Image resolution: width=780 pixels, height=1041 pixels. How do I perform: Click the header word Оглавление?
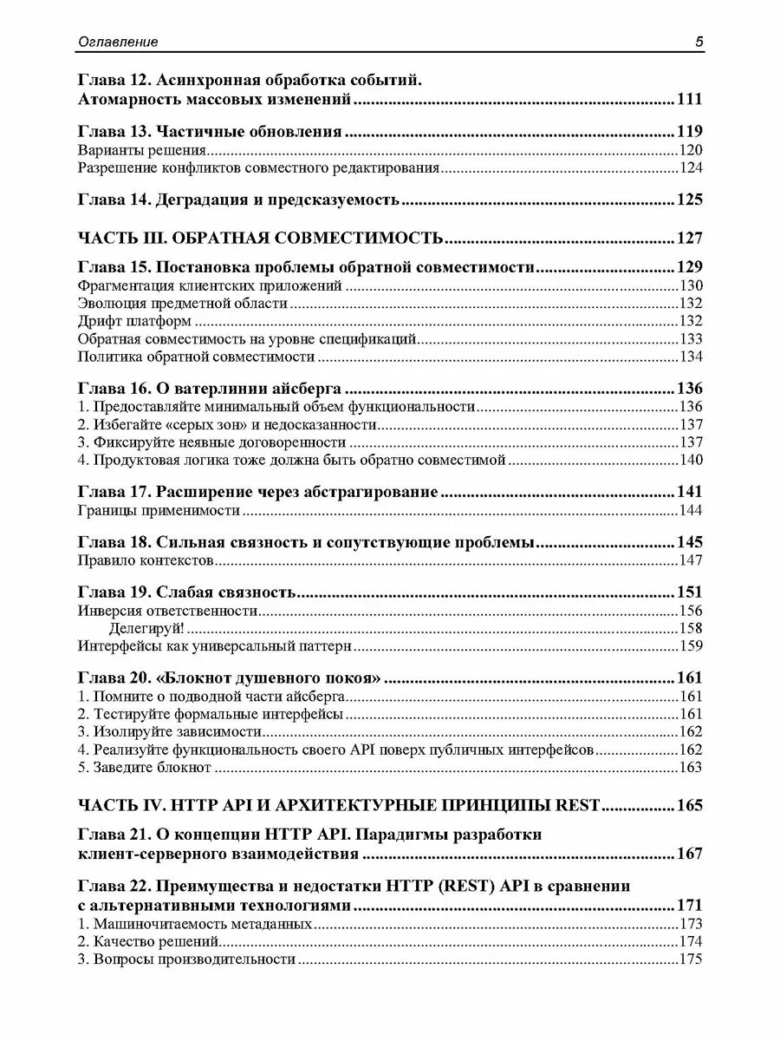tap(118, 43)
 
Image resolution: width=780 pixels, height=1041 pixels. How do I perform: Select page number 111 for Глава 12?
tap(689, 100)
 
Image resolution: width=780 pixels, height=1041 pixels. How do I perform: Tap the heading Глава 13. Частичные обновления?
tap(210, 133)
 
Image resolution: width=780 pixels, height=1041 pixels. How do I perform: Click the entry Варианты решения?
tap(129, 151)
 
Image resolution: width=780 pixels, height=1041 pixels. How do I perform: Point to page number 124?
tap(690, 168)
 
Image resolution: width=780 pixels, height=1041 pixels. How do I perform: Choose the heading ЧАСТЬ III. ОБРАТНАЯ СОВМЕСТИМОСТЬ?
tap(261, 239)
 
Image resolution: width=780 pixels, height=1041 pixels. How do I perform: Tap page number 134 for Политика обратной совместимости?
tap(690, 356)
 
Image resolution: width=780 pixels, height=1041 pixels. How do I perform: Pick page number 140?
tap(690, 460)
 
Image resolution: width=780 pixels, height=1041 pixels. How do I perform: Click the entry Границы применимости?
tap(158, 511)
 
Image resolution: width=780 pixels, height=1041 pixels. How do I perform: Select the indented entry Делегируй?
tap(146, 628)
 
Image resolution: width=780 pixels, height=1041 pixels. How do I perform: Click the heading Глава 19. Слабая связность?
tap(187, 593)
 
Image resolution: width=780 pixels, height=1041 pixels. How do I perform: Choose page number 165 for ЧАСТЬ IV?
tap(689, 804)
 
